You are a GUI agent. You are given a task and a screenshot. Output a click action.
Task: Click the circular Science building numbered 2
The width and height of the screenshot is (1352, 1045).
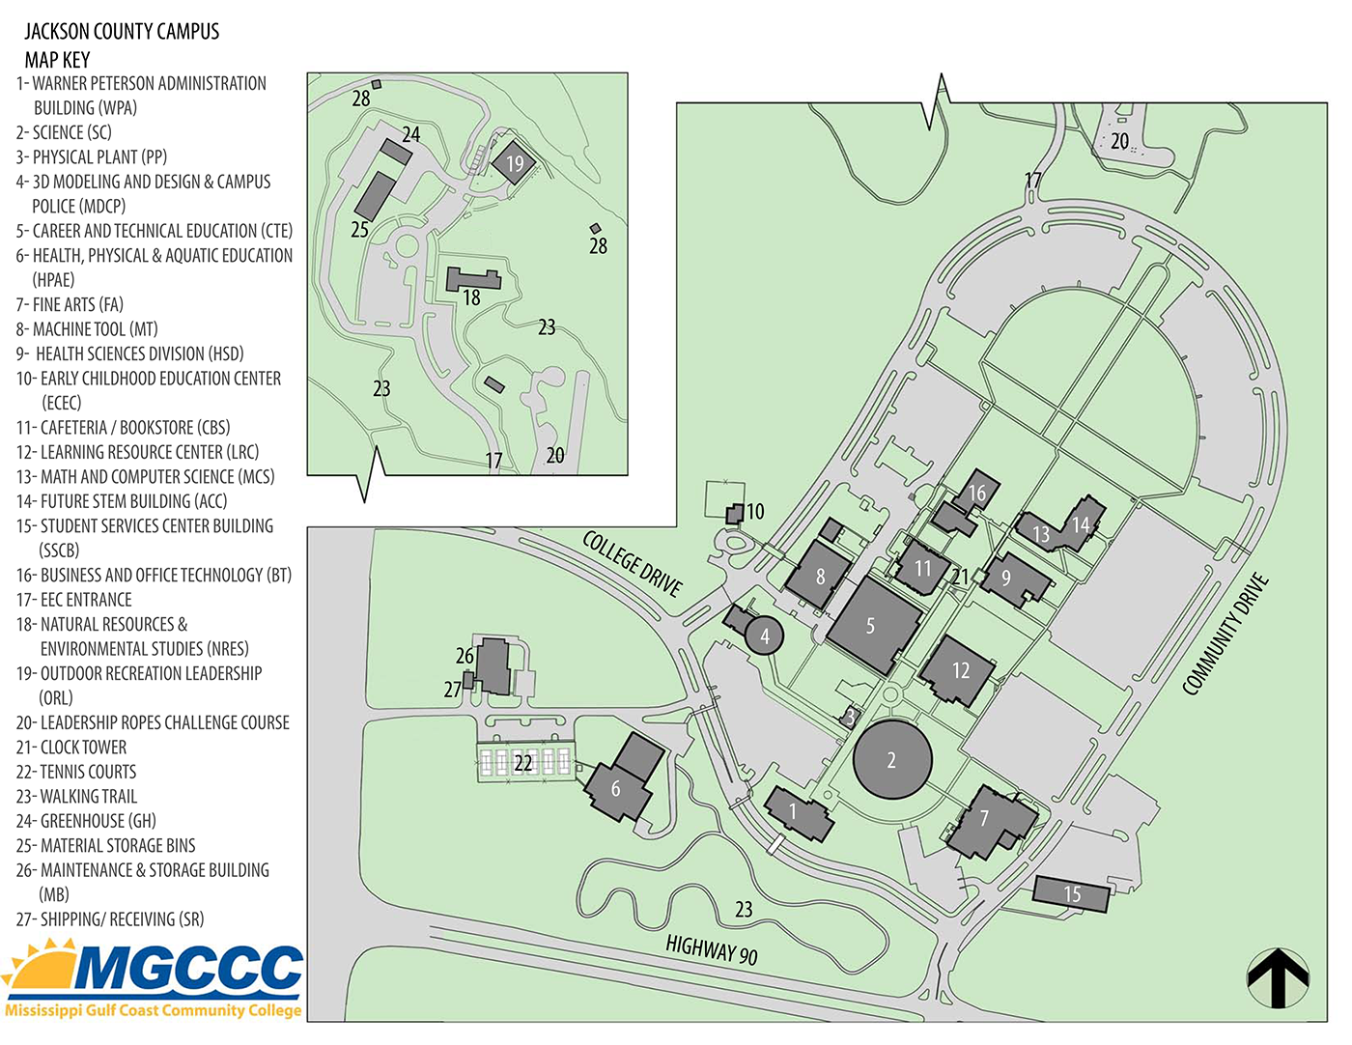tap(892, 760)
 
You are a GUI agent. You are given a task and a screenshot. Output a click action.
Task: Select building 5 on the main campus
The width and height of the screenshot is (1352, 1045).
tap(873, 626)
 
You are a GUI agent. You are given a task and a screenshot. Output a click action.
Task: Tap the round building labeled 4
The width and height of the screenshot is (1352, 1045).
tap(764, 635)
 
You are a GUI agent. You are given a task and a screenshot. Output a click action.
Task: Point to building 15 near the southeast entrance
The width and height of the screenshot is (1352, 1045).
tap(1071, 893)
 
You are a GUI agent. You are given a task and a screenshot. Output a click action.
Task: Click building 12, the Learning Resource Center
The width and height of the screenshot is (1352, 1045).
tap(959, 669)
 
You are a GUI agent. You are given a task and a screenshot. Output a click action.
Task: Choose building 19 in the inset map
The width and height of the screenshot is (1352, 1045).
tap(514, 162)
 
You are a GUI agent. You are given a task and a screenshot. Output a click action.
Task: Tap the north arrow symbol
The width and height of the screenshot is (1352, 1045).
tap(1278, 978)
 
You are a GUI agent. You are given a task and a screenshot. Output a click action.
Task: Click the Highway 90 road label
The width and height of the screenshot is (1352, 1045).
tap(712, 949)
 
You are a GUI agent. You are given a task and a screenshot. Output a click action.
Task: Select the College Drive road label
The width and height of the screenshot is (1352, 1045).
tap(633, 563)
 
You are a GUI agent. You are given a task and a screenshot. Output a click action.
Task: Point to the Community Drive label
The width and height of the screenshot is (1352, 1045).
tap(1225, 635)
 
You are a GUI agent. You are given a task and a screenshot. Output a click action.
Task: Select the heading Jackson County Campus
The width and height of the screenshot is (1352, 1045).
tap(122, 32)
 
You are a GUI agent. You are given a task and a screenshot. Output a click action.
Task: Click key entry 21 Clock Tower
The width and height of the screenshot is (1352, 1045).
tap(71, 748)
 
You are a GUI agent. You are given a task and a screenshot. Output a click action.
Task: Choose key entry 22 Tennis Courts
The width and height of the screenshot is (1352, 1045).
tap(76, 772)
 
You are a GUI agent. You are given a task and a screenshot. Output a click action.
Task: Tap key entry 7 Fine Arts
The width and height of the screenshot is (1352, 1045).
tap(70, 304)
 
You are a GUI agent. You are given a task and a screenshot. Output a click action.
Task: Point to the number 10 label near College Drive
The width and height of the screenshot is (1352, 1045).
tap(755, 511)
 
